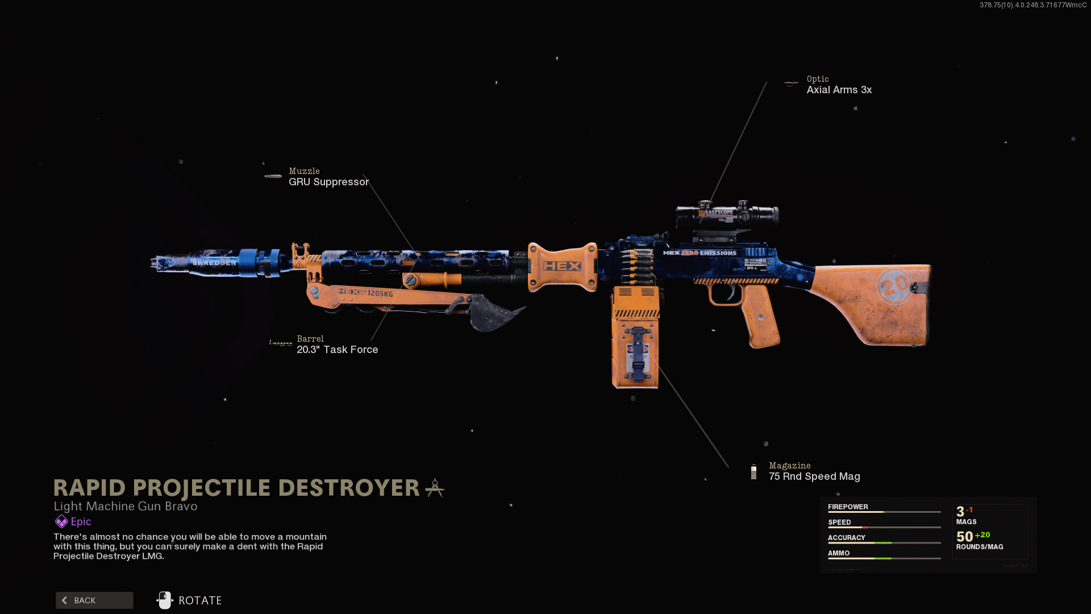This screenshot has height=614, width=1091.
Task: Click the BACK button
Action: [94, 600]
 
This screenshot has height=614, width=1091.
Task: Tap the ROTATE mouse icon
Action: [165, 600]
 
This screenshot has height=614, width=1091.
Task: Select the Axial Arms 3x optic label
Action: [839, 90]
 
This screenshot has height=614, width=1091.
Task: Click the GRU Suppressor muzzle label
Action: [328, 182]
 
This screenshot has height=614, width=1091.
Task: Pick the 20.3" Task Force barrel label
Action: [337, 350]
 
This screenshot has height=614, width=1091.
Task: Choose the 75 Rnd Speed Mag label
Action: [814, 476]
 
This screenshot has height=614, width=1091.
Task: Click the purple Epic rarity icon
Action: [61, 521]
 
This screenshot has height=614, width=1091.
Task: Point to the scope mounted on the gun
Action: [727, 215]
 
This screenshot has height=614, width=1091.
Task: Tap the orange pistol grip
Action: [760, 316]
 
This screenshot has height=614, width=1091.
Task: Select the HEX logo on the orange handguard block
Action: [562, 266]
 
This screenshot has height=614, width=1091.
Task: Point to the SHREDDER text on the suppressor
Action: [214, 263]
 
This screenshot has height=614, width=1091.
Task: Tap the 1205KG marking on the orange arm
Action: [380, 293]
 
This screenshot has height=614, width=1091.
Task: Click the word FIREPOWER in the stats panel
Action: [848, 507]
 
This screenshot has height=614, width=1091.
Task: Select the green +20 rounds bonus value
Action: [982, 535]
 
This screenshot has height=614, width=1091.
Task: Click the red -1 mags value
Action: [969, 510]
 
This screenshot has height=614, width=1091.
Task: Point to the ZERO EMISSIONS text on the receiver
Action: [709, 253]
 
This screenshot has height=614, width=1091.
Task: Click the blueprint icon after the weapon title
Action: [435, 488]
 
